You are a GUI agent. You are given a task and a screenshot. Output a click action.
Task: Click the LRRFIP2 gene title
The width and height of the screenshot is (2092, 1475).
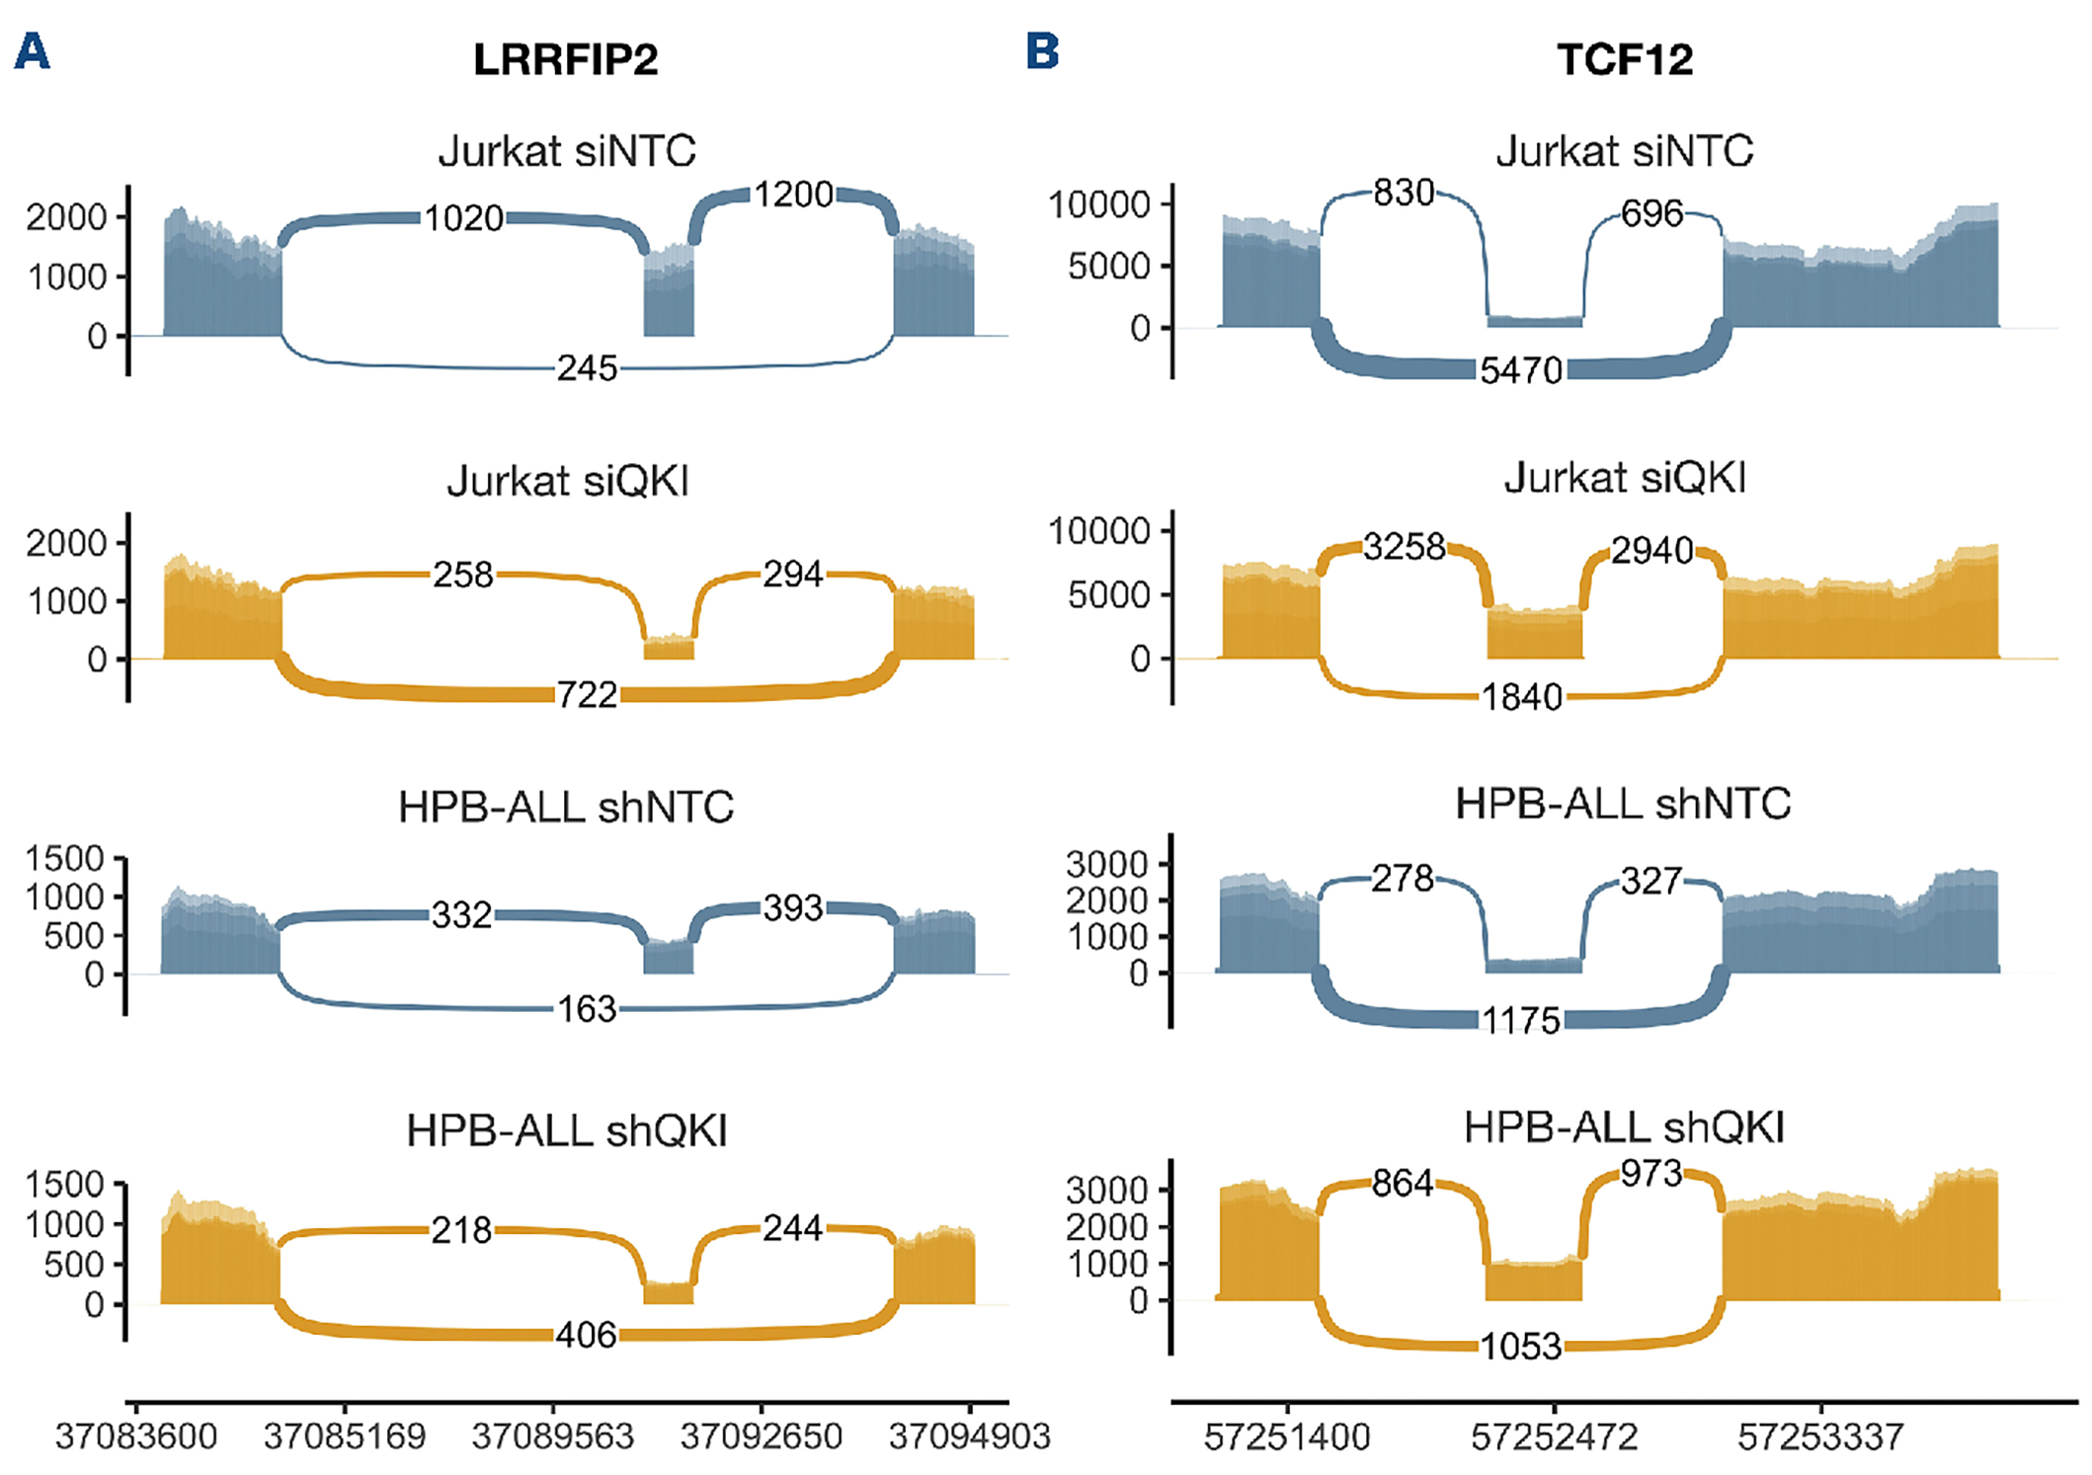565,59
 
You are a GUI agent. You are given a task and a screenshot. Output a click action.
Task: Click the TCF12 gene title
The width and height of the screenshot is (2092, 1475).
1625,59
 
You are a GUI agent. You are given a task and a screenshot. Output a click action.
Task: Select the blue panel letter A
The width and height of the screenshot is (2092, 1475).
32,51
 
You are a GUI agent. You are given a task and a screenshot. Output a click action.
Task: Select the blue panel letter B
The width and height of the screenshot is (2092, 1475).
1043,51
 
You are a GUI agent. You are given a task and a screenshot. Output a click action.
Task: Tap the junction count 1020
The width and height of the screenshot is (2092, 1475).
463,218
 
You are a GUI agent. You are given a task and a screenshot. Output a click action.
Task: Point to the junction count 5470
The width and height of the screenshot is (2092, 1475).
1521,370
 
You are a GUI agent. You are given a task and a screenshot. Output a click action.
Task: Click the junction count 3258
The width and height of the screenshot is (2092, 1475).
1404,547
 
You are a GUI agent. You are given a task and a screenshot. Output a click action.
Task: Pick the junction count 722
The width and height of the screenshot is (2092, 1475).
587,695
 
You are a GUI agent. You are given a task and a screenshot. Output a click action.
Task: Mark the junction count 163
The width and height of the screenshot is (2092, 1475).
587,1009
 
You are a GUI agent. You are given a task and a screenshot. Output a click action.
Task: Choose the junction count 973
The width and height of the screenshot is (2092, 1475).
1651,1174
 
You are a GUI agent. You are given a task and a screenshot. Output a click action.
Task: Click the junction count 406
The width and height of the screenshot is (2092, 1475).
587,1335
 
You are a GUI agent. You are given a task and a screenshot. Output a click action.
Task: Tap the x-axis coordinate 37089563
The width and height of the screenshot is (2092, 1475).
552,1436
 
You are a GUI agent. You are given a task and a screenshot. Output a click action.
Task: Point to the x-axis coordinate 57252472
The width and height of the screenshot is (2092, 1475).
1554,1436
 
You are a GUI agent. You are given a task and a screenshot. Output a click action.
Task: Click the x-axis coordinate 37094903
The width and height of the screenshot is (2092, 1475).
969,1436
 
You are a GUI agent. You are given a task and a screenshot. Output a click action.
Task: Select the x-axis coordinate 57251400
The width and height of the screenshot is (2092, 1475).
1287,1436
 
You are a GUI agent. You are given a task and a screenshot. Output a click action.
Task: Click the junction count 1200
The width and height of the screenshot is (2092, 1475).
794,194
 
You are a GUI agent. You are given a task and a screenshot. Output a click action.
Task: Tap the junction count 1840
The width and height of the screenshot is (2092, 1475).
1521,698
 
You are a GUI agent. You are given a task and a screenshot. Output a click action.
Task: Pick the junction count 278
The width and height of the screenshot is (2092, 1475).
1403,879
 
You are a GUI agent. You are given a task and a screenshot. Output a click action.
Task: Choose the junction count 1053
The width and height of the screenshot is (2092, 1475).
1521,1347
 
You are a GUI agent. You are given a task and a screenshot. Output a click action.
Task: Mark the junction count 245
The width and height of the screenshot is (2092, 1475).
587,369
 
